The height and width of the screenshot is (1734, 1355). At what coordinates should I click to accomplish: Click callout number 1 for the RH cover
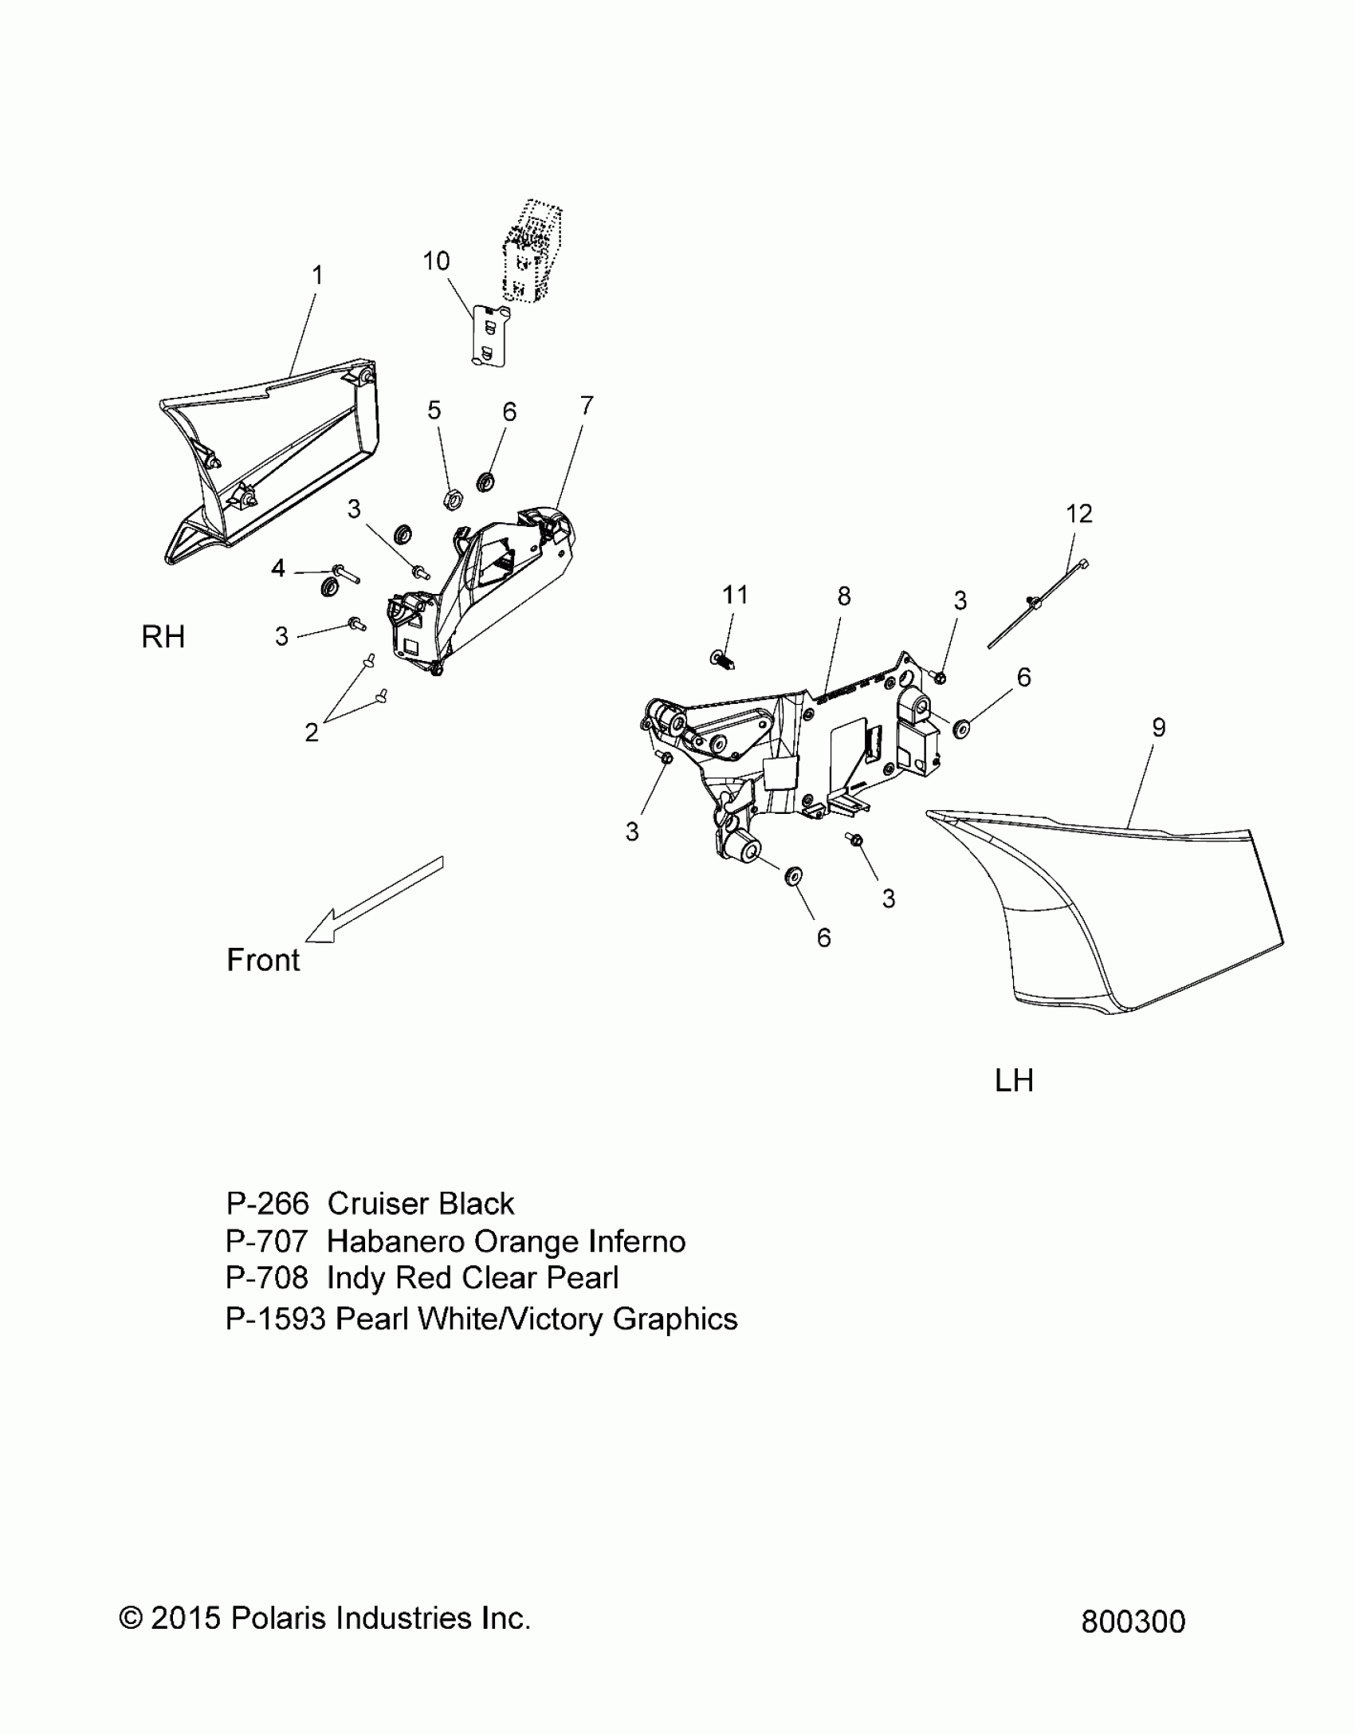coord(317,276)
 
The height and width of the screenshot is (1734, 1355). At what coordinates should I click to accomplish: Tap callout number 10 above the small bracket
coord(436,261)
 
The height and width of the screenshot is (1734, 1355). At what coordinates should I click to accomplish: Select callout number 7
coord(587,406)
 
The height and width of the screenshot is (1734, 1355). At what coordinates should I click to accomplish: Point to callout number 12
coord(1078,513)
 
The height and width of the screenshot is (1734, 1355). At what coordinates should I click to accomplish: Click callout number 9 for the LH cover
coord(1158,727)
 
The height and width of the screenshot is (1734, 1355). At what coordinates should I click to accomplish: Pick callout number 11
coord(735,595)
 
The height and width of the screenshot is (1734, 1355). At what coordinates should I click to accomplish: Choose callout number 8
coord(843,596)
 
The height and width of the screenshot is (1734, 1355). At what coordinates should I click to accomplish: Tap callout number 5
coord(434,410)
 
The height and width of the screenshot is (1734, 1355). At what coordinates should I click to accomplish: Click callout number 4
coord(278,568)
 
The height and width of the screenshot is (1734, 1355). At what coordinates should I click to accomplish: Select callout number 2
coord(312,732)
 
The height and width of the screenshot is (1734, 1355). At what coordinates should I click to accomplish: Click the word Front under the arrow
coord(263,960)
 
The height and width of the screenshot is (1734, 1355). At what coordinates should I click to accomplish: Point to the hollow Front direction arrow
coord(373,899)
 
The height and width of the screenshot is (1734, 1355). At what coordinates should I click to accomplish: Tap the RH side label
coord(163,637)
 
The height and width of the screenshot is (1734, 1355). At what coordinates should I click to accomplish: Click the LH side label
coord(1014,1081)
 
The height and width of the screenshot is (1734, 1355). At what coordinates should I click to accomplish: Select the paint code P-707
coord(266,1241)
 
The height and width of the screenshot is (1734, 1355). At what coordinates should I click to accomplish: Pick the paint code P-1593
coord(276,1319)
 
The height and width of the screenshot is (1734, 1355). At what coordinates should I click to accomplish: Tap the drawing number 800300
coord(1133,1622)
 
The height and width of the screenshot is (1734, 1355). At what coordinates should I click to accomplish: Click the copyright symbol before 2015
coord(131,1618)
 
